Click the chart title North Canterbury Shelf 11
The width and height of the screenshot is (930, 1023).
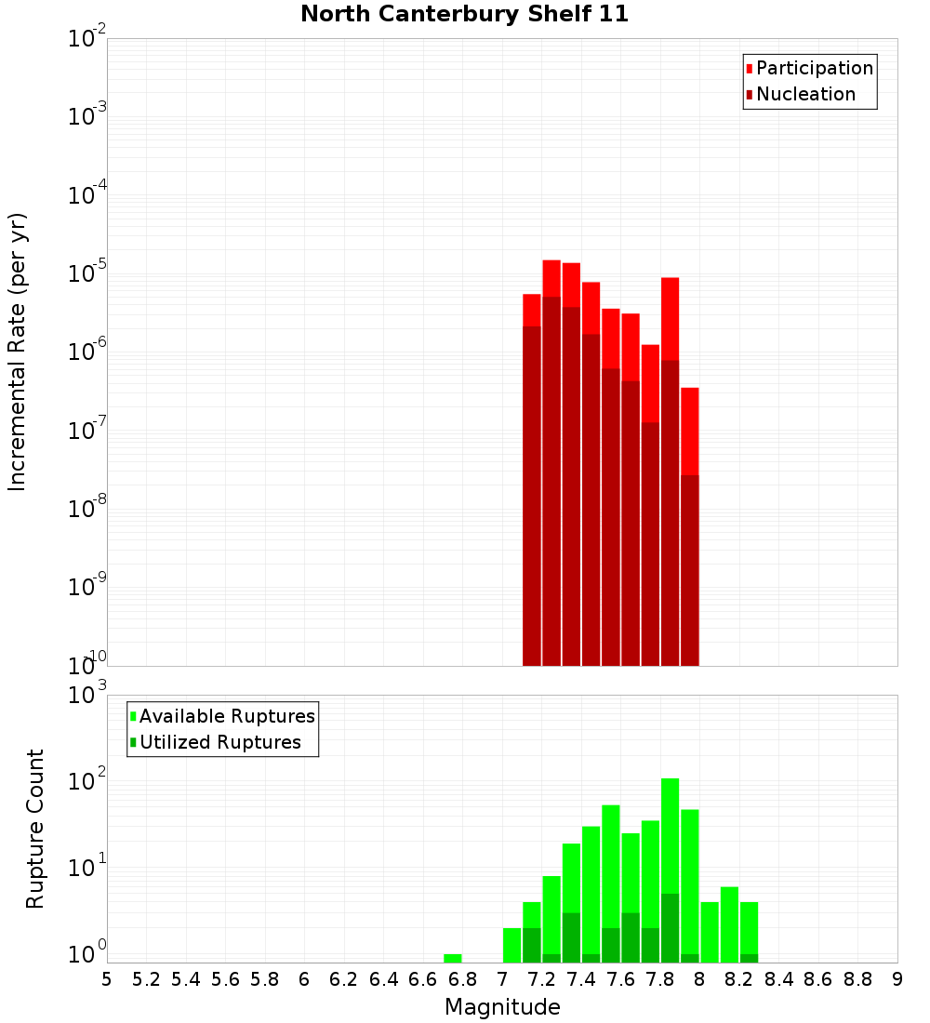coord(464,15)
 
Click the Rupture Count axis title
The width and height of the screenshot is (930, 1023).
coord(35,828)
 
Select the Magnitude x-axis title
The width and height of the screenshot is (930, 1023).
coord(502,1007)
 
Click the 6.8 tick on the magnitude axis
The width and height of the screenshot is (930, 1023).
coord(462,979)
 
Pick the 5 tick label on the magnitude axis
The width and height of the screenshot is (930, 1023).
coord(107,979)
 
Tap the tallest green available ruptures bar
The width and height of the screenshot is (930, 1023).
coord(670,837)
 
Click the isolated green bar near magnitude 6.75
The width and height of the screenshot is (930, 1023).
coord(453,958)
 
